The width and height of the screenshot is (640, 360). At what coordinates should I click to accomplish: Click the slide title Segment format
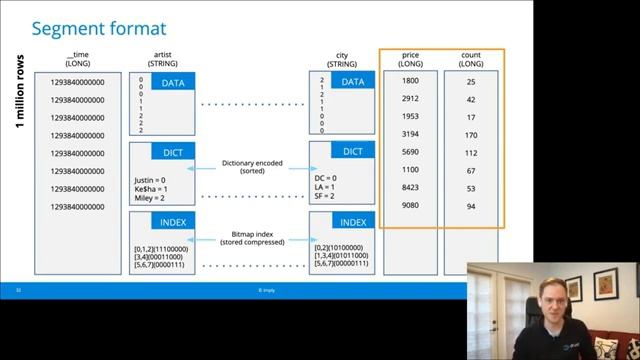point(98,28)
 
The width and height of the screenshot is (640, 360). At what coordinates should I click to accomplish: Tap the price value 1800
point(410,80)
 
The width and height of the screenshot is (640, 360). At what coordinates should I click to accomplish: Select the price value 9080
point(410,206)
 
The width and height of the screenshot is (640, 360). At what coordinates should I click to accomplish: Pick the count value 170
point(471,134)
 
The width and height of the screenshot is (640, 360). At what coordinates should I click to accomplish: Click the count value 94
point(471,206)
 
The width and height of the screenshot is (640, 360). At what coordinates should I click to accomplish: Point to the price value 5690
point(410,152)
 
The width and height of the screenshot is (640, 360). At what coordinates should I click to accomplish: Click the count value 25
point(471,80)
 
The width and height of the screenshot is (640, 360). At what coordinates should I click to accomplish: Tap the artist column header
point(163,59)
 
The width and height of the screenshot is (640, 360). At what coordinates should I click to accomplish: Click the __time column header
point(77,59)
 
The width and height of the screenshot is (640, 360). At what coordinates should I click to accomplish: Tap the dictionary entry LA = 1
point(327,187)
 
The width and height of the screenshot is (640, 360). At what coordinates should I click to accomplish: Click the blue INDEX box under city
point(352,221)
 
